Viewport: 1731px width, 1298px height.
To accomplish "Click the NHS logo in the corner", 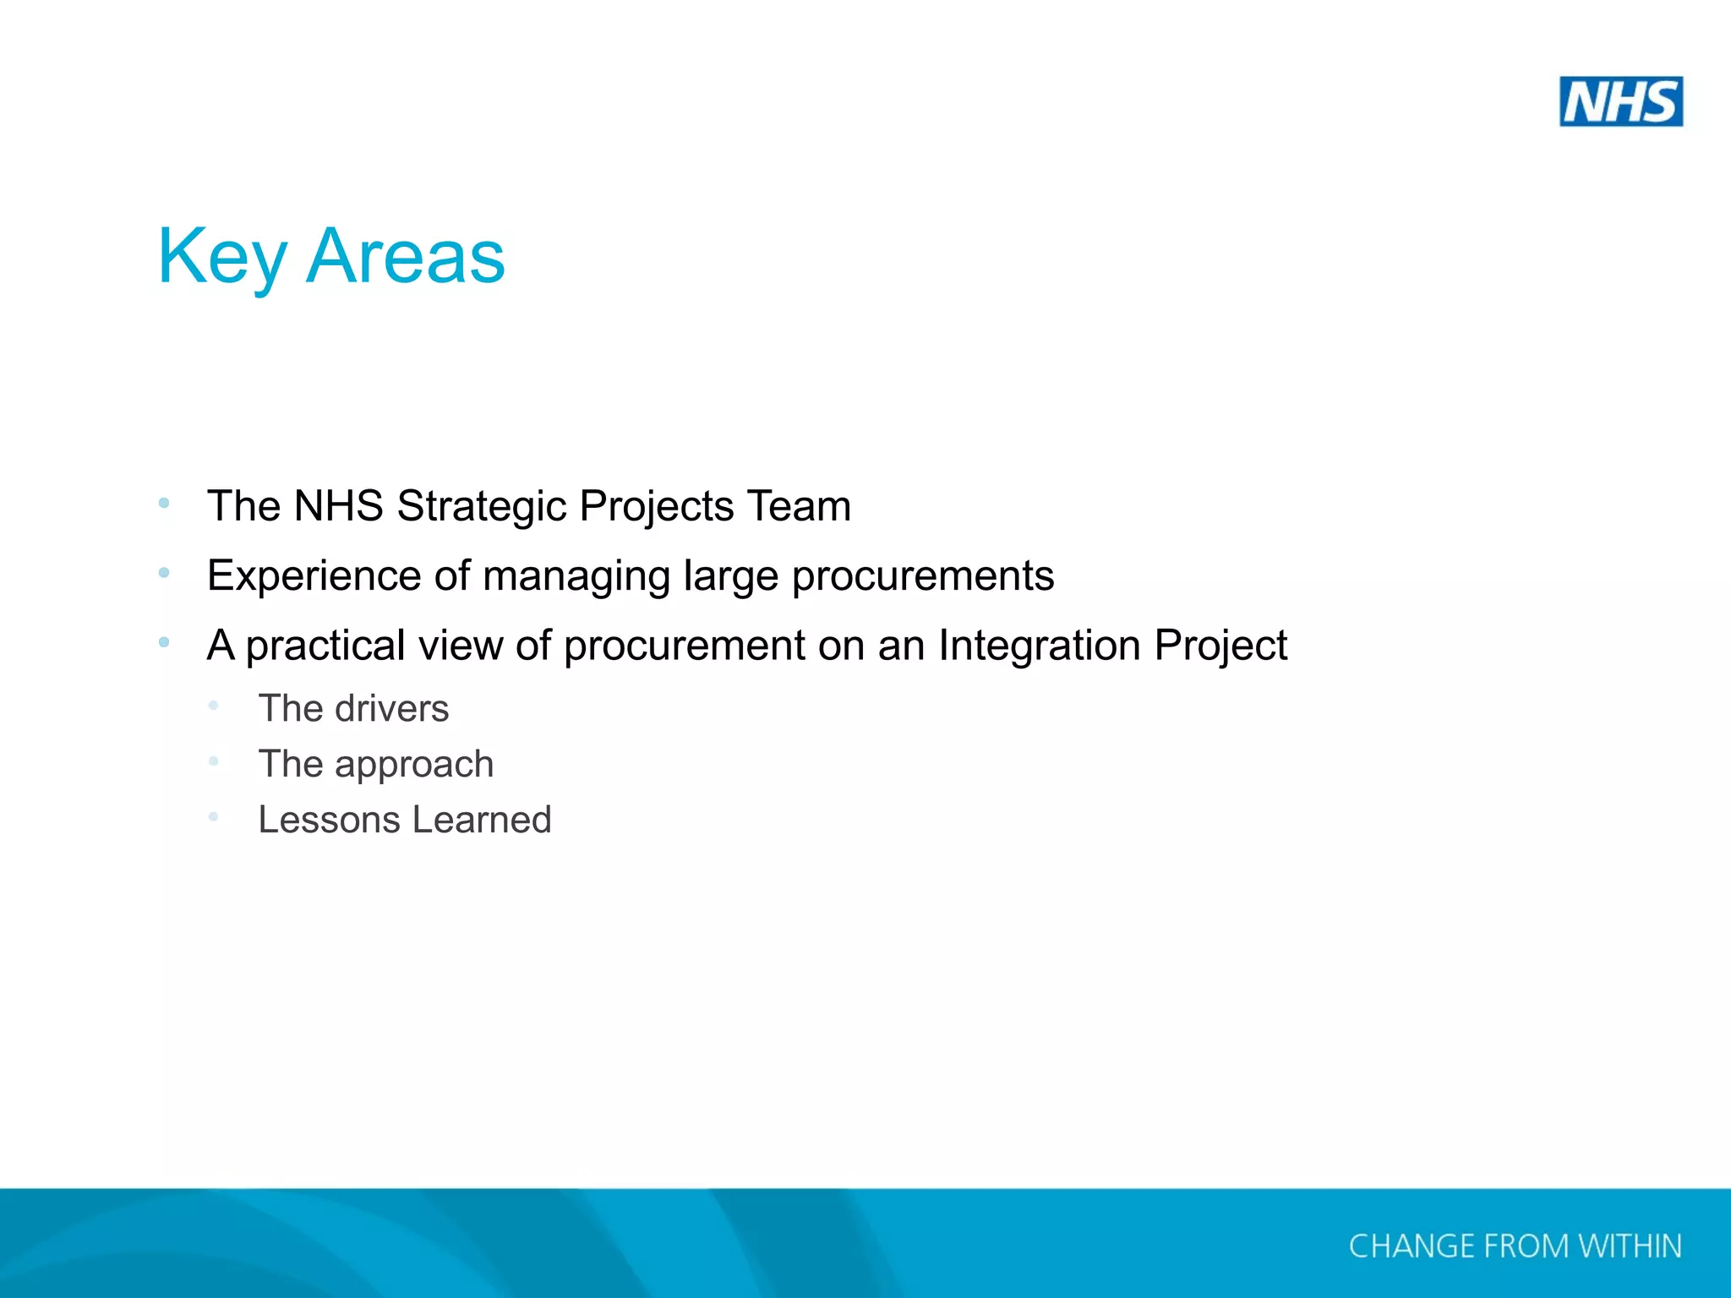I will click(x=1620, y=101).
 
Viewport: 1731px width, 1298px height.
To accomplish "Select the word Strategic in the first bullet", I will click(x=482, y=506).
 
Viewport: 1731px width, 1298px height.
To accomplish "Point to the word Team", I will click(x=799, y=506).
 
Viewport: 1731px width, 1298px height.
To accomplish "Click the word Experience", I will click(x=314, y=576).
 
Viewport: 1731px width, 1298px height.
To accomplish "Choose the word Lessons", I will click(x=329, y=820).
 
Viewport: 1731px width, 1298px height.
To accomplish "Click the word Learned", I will click(x=482, y=820).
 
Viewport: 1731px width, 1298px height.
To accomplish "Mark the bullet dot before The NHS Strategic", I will click(x=164, y=504).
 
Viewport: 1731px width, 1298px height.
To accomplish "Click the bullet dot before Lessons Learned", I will click(x=214, y=816).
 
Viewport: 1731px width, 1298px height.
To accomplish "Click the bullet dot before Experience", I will click(x=164, y=573).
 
